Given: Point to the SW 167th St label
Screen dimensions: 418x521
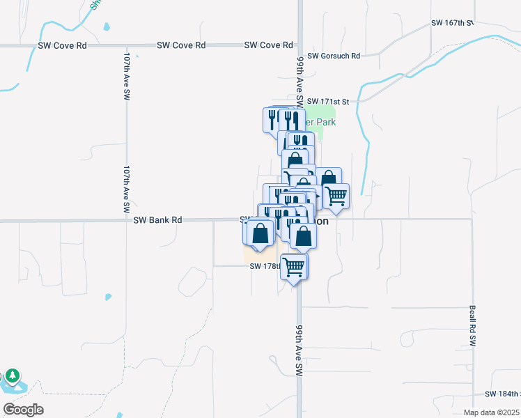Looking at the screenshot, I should [452, 23].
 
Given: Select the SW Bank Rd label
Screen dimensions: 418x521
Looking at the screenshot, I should [157, 220].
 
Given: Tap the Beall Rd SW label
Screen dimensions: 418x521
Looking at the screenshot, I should [472, 327].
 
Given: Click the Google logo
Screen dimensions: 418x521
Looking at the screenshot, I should [23, 410].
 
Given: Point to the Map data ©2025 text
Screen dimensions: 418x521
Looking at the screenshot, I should [491, 412].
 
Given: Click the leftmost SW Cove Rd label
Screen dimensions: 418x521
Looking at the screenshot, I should [63, 45].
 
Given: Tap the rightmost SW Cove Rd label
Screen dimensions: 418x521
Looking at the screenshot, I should [268, 45].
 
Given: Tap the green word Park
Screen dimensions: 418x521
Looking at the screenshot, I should [325, 122].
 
